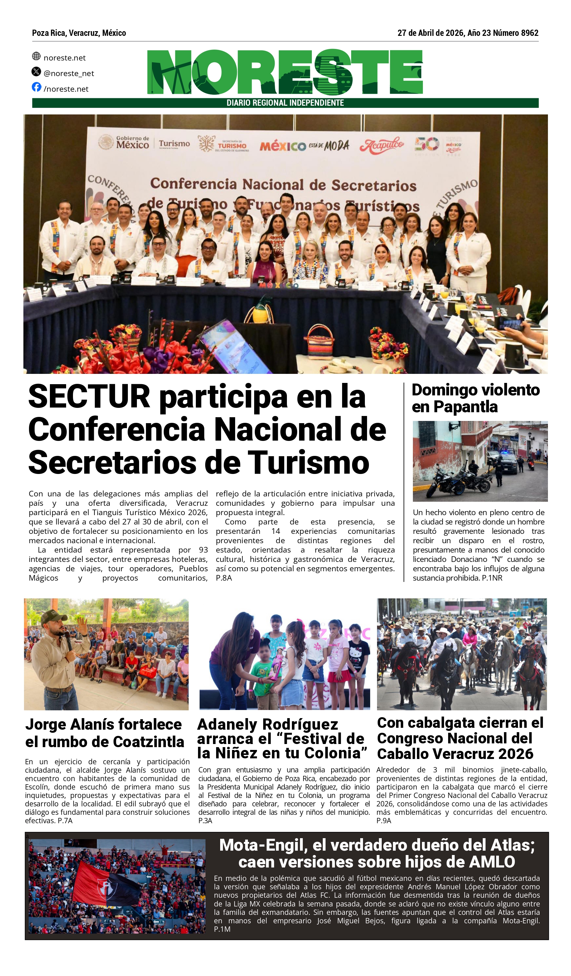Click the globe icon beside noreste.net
[36, 56]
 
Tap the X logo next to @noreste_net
[36, 71]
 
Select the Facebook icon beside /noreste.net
[36, 87]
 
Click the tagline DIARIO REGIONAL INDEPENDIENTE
[285, 103]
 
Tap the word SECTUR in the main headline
[89, 397]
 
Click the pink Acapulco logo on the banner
[382, 145]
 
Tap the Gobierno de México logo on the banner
[124, 143]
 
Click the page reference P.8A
[224, 578]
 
